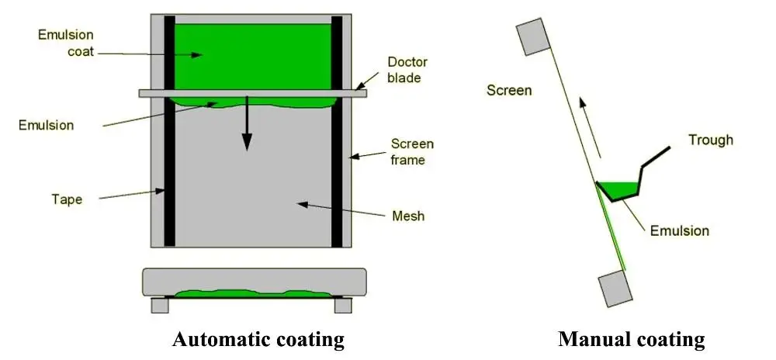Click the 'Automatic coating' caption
(258, 341)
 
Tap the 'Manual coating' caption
(631, 341)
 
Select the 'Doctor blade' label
(407, 70)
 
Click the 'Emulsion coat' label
(66, 43)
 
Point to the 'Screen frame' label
(412, 151)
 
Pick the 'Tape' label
(67, 199)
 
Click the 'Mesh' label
(408, 216)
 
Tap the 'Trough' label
(711, 140)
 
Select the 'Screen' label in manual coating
(509, 91)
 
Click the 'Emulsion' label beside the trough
(679, 230)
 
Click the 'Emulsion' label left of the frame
(46, 125)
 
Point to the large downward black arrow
(247, 123)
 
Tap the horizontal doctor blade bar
(253, 93)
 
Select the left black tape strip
(169, 131)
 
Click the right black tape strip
(337, 131)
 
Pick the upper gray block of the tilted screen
(533, 36)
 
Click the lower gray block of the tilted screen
(615, 289)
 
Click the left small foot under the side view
(160, 305)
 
